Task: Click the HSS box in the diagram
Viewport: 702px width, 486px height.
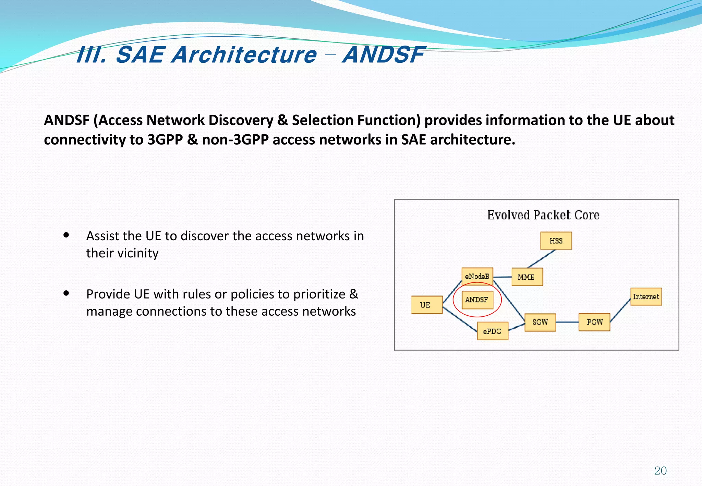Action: pos(556,241)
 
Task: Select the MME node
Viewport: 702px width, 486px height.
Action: pos(527,277)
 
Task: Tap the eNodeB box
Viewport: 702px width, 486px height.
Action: pos(477,276)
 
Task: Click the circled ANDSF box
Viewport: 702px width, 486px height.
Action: pos(477,300)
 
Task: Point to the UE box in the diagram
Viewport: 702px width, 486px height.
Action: pos(427,305)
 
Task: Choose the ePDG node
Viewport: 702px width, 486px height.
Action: pos(493,331)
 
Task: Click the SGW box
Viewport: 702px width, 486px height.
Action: pos(540,322)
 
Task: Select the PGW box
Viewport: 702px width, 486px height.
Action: pos(594,322)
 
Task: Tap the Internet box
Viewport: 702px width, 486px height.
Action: pos(646,297)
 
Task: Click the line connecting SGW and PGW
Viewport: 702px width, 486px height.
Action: pos(567,322)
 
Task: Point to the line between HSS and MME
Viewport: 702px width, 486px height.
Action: pos(542,258)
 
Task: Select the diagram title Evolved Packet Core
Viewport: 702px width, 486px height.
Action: pos(543,215)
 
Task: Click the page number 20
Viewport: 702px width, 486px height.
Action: pos(660,471)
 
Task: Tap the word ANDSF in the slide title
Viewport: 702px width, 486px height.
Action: pos(384,55)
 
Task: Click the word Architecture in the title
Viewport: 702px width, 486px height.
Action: pos(244,55)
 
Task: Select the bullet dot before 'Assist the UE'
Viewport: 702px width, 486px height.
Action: pos(66,235)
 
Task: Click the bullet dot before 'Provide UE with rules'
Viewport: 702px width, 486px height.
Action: pos(66,293)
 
